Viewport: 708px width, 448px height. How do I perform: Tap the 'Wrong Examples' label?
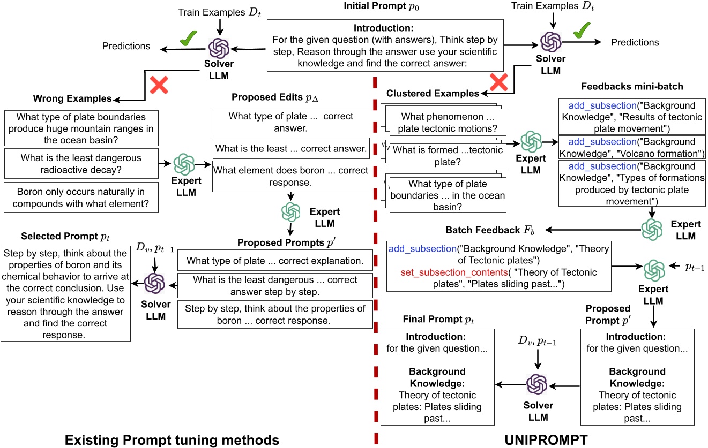72,98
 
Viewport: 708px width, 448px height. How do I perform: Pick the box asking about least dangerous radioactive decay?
81,164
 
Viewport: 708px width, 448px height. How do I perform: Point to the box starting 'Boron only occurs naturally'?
81,197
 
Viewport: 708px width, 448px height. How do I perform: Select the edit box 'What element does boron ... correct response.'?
290,176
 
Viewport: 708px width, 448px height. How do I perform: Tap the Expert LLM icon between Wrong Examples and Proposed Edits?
184,164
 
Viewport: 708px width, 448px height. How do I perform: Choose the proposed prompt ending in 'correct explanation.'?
275,261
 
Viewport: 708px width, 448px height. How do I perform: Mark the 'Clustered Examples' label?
433,94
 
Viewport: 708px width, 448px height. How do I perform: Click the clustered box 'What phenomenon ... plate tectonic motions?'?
448,123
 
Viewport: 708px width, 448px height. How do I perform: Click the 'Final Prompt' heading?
438,320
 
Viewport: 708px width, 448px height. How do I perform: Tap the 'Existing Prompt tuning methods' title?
172,439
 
